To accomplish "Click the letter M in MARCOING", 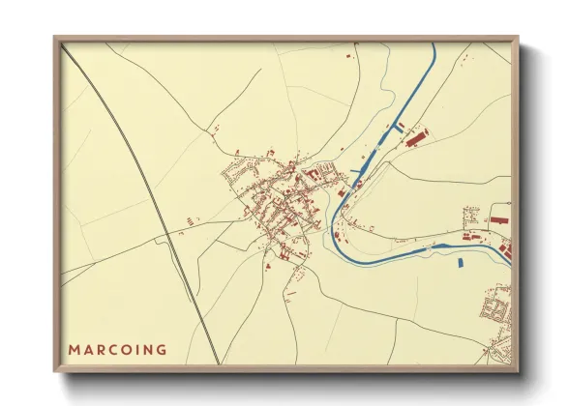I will tap(73, 350).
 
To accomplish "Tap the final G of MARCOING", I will tap(161, 350).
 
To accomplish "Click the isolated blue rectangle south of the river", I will tap(460, 261).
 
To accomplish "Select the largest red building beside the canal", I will tap(415, 140).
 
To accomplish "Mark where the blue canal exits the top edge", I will tap(433, 45).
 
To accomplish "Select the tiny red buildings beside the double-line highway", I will tap(180, 233).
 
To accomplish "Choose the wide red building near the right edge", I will tap(497, 220).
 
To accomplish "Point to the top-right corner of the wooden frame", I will tap(517, 39).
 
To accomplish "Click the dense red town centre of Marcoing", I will tap(281, 198).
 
